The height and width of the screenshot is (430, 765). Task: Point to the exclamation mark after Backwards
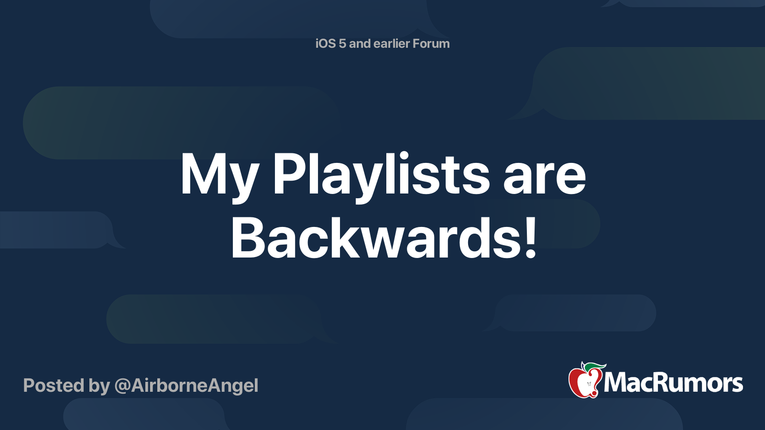point(530,237)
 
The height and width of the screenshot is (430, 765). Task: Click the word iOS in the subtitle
point(325,43)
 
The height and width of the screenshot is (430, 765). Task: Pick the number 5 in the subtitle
point(342,43)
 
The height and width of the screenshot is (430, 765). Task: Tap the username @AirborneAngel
point(186,386)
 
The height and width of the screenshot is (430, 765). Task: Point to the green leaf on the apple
point(595,366)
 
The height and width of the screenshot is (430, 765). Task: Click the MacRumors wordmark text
point(673,383)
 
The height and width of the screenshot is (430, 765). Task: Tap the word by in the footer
point(99,386)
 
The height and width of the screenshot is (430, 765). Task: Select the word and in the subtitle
point(360,43)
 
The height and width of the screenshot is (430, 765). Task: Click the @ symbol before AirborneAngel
point(122,386)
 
